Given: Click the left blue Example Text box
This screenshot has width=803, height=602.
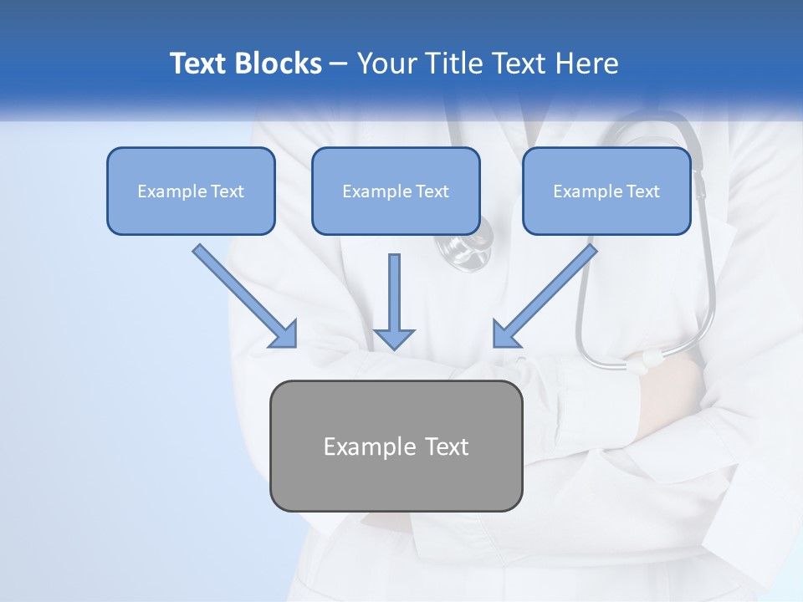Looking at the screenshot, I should pyautogui.click(x=191, y=191).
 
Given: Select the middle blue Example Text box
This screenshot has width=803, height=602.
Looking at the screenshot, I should pyautogui.click(x=396, y=191).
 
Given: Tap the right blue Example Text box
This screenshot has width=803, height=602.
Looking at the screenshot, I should pyautogui.click(x=606, y=191).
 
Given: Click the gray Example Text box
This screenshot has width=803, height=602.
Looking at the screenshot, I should pyautogui.click(x=396, y=446).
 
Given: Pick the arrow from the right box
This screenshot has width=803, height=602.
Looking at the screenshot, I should pyautogui.click(x=547, y=293).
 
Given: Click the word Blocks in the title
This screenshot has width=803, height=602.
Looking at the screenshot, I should pyautogui.click(x=280, y=64).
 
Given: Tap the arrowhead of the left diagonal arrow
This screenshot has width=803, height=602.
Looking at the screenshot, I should pyautogui.click(x=284, y=334).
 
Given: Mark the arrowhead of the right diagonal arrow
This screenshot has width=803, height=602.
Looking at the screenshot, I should pyautogui.click(x=505, y=334).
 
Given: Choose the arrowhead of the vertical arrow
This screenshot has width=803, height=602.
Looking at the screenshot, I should pyautogui.click(x=394, y=338).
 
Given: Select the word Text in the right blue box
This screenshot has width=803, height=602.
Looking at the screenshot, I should pyautogui.click(x=642, y=191).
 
